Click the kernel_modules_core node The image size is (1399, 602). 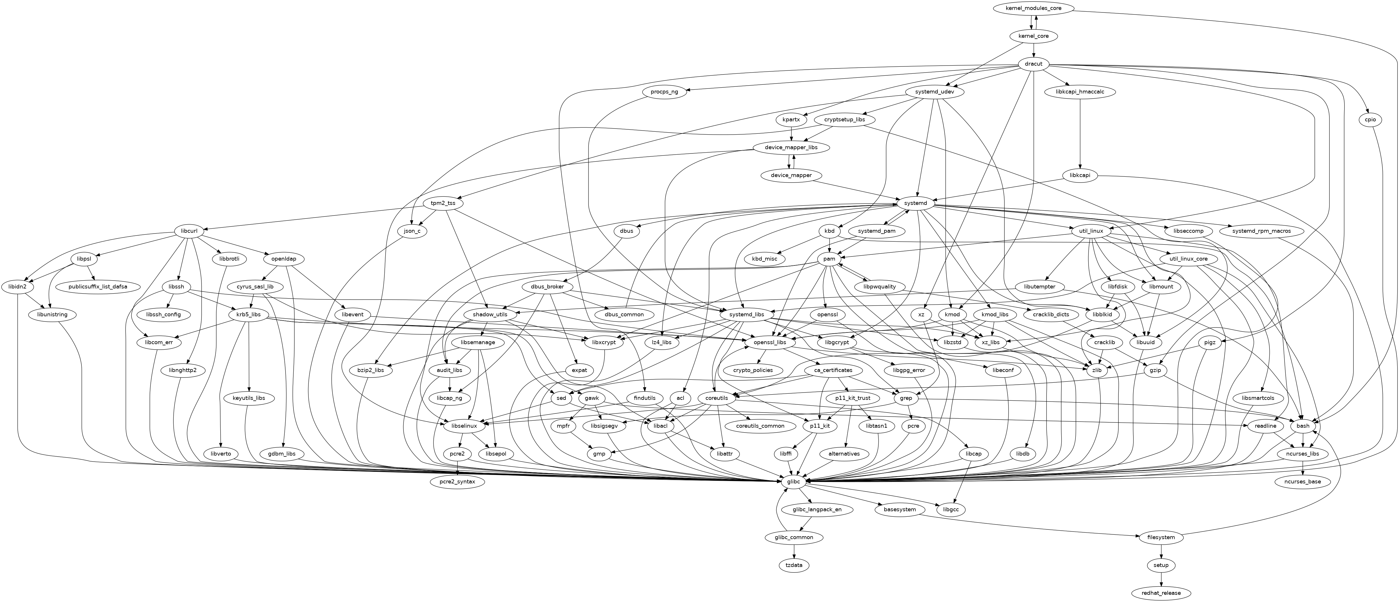click(x=1033, y=8)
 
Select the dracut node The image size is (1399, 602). click(x=1033, y=64)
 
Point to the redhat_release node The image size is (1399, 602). click(x=1161, y=593)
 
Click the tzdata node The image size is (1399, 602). click(x=794, y=565)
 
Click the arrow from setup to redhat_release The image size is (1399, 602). click(x=1161, y=579)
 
